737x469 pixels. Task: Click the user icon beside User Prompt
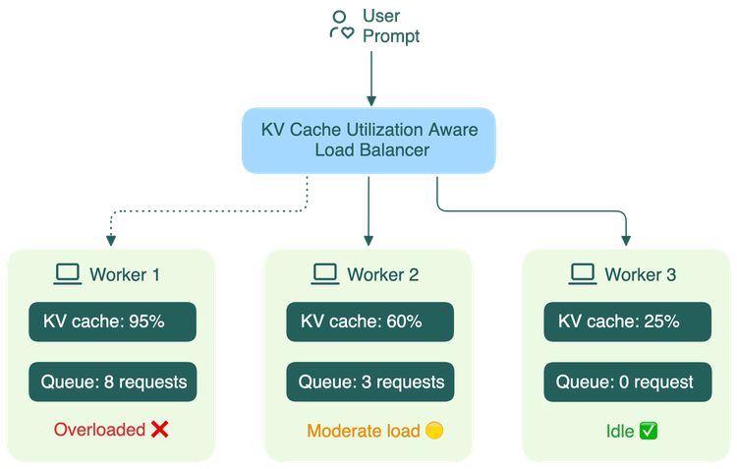[x=341, y=26]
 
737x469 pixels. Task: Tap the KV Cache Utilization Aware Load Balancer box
[x=368, y=141]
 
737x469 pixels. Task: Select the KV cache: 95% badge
[x=112, y=322]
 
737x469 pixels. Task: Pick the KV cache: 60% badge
[x=369, y=322]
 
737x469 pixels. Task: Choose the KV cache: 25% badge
[x=628, y=322]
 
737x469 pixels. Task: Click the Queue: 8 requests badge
[x=112, y=381]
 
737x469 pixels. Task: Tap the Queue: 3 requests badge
[x=369, y=381]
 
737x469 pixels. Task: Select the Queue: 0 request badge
[x=628, y=381]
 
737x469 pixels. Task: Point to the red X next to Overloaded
[x=160, y=430]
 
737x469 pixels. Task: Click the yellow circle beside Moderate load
[x=434, y=431]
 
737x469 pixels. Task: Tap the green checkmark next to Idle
[x=649, y=431]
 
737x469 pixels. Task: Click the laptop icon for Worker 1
[x=67, y=274]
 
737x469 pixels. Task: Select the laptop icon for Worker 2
[x=325, y=274]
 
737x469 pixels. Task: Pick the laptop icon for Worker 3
[x=583, y=274]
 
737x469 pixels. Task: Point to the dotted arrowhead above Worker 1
[x=111, y=241]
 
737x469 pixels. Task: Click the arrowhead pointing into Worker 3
[x=626, y=241]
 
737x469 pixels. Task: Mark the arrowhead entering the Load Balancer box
[x=371, y=101]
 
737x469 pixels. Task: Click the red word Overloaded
[x=99, y=430]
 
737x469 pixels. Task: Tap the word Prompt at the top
[x=391, y=36]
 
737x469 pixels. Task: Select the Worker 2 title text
[x=383, y=274]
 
